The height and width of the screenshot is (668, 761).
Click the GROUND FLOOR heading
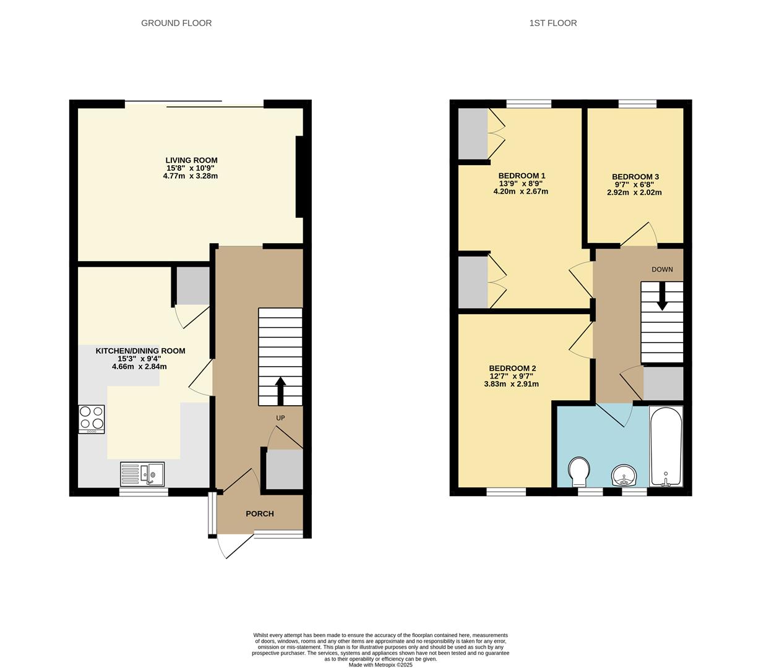click(176, 24)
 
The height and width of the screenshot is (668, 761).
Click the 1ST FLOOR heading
click(552, 24)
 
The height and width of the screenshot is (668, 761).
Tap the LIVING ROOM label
click(191, 160)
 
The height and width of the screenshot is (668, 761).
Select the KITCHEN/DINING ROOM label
click(140, 351)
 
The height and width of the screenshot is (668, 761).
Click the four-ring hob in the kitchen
click(92, 418)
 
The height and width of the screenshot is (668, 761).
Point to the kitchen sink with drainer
click(142, 474)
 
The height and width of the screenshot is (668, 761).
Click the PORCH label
click(259, 514)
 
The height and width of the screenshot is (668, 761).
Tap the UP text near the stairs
click(280, 418)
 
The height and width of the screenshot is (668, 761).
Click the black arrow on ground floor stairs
click(280, 390)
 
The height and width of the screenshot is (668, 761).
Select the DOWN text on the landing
click(662, 270)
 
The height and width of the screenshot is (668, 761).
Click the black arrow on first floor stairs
click(662, 298)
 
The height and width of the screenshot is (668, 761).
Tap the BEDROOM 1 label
click(522, 176)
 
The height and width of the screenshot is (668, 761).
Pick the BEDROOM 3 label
click(635, 177)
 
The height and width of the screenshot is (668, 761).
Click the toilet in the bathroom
click(578, 471)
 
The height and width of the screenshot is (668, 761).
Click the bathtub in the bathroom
click(666, 446)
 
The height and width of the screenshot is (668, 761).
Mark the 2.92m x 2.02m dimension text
click(634, 192)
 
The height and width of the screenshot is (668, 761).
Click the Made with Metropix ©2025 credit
click(380, 665)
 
